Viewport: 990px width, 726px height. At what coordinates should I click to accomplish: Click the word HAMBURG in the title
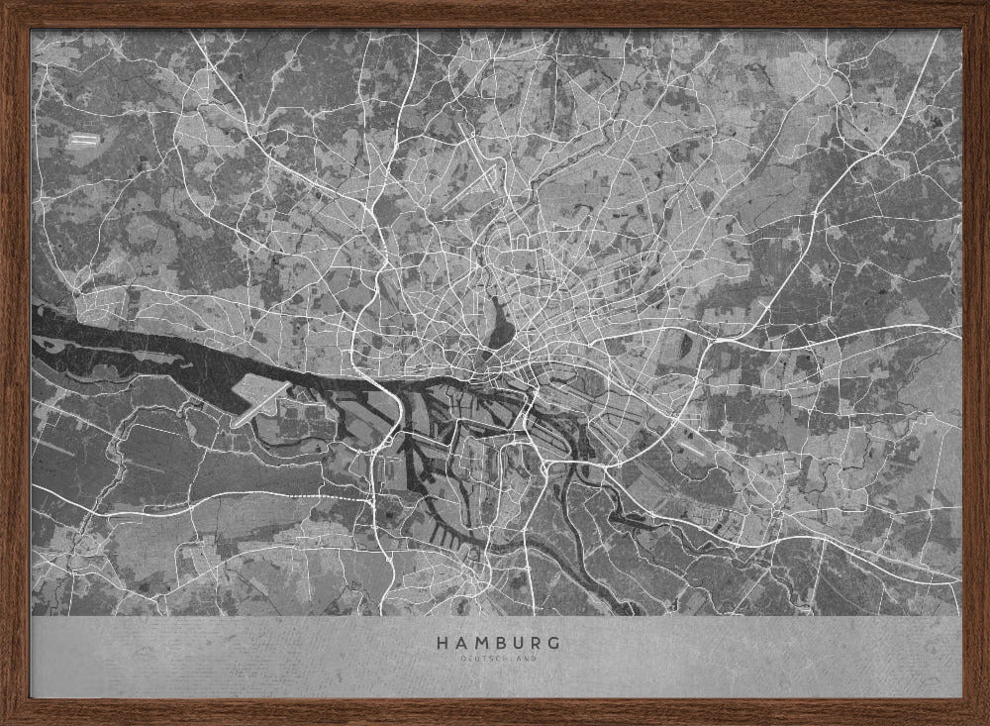(x=498, y=643)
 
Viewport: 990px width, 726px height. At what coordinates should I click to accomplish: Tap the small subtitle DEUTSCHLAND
(x=498, y=659)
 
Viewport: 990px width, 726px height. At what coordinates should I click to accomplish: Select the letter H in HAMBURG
(x=442, y=643)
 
